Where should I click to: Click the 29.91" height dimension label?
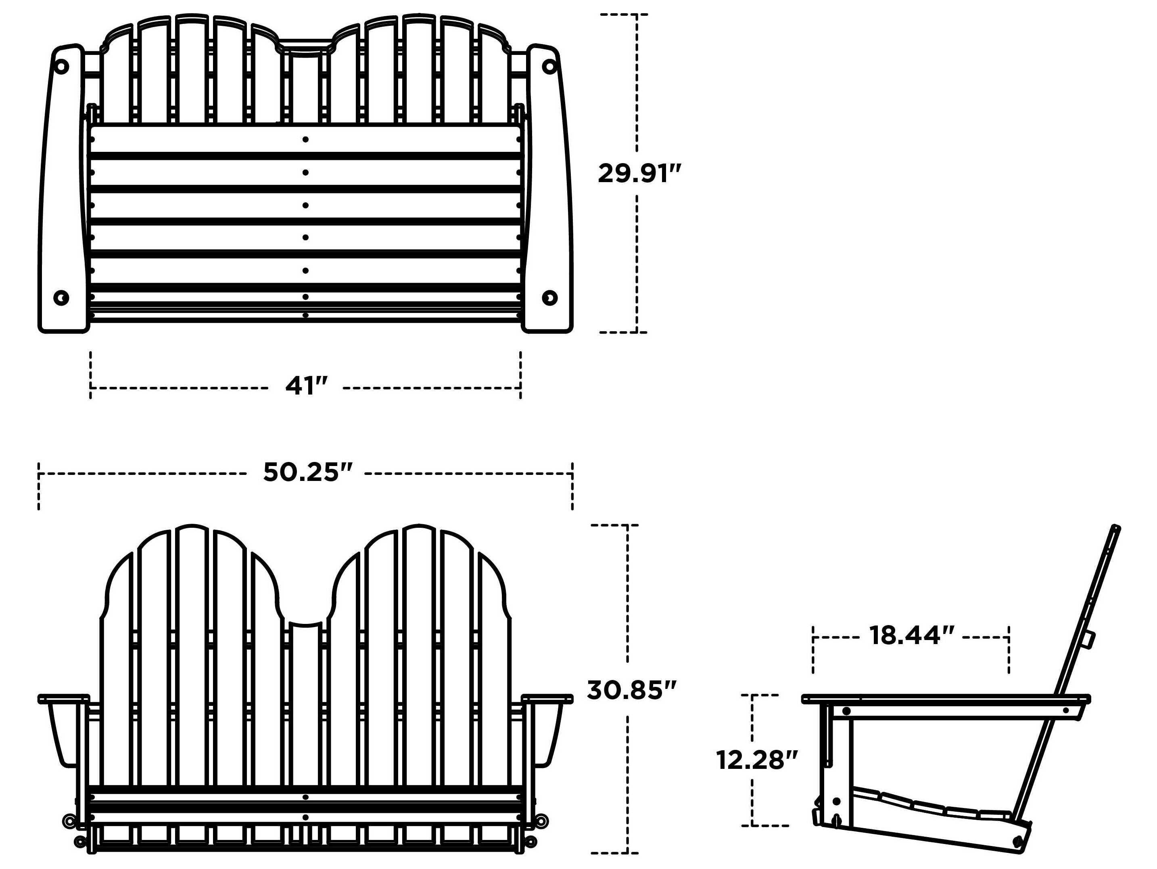coord(639,174)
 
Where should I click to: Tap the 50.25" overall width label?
coord(307,472)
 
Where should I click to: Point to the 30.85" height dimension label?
coord(631,691)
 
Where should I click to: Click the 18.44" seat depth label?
coord(912,636)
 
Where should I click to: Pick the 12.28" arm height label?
coord(756,760)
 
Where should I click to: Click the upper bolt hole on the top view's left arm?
coord(61,67)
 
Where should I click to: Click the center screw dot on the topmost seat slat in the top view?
coord(305,139)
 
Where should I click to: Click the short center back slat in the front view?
coord(306,701)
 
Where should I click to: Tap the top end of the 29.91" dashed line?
coord(637,15)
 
